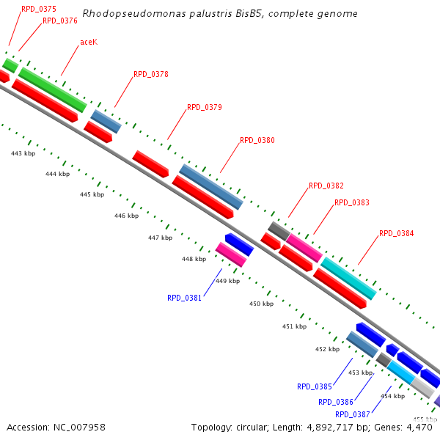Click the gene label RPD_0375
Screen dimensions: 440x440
click(39, 9)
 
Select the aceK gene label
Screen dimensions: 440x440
click(89, 42)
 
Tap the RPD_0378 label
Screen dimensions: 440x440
click(151, 74)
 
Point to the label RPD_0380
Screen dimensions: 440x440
click(257, 140)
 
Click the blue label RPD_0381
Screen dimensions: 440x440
click(185, 298)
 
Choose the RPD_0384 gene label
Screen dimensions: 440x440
click(397, 233)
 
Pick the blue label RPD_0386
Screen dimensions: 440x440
click(336, 402)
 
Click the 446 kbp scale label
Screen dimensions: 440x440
click(126, 216)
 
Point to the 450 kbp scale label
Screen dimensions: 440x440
click(261, 304)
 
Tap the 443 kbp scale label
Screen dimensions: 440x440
click(23, 153)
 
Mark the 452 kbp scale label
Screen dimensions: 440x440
click(327, 349)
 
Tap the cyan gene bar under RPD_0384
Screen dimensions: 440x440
click(348, 278)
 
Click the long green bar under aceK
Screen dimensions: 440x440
click(52, 89)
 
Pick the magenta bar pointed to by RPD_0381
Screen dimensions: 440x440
click(231, 254)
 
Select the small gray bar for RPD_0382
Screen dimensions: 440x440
click(278, 230)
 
